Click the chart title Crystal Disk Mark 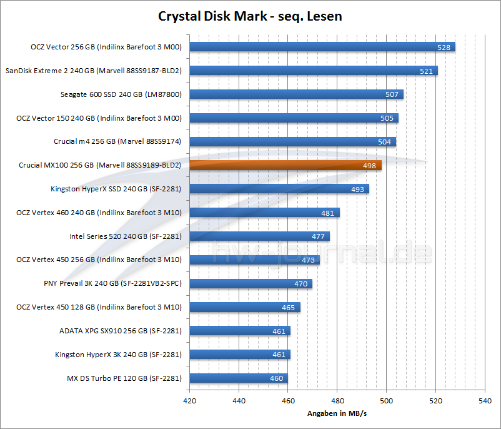click(x=250, y=16)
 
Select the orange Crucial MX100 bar click(x=285, y=166)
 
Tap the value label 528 click(x=444, y=48)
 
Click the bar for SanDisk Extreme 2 click(x=313, y=71)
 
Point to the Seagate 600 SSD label click(x=121, y=94)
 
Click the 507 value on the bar click(x=392, y=95)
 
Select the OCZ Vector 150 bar click(x=294, y=118)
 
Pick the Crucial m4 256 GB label click(x=117, y=142)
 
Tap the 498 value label click(x=369, y=166)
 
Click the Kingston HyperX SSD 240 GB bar click(x=279, y=189)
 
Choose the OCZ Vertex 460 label click(x=99, y=213)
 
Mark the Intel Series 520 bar click(x=259, y=236)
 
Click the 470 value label click(x=301, y=284)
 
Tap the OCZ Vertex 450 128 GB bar click(x=244, y=307)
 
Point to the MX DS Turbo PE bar click(x=238, y=378)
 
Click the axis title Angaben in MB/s click(x=336, y=414)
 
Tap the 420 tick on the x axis click(x=190, y=401)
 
